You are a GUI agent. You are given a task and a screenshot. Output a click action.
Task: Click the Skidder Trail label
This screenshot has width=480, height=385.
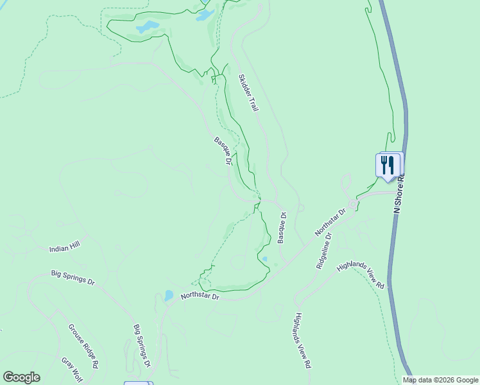(x=248, y=93)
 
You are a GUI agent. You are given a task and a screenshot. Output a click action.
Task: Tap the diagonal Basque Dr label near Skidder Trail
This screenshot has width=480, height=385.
(x=222, y=150)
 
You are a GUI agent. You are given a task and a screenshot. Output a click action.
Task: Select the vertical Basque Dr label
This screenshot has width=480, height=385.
(x=281, y=228)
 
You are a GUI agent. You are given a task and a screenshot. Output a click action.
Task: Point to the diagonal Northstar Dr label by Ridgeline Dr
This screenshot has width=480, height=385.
(x=330, y=222)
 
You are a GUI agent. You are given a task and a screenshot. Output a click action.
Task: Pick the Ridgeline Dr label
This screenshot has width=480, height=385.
(x=323, y=251)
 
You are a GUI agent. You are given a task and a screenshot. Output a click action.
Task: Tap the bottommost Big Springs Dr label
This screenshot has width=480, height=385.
(x=141, y=345)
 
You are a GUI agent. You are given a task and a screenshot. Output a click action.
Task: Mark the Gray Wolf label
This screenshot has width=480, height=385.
(x=72, y=368)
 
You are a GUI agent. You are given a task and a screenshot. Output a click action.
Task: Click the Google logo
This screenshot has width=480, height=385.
(x=21, y=377)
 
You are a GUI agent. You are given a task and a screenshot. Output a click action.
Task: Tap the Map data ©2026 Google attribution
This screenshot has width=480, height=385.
(x=441, y=380)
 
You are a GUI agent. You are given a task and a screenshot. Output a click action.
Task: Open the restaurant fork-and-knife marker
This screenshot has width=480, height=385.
(x=388, y=164)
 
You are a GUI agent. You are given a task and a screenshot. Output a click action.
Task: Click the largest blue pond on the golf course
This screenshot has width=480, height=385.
(x=148, y=27)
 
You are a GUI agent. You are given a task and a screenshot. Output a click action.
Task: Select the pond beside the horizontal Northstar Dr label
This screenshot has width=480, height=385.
(x=168, y=296)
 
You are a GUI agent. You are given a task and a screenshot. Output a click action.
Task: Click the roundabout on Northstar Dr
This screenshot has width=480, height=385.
(x=352, y=204)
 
